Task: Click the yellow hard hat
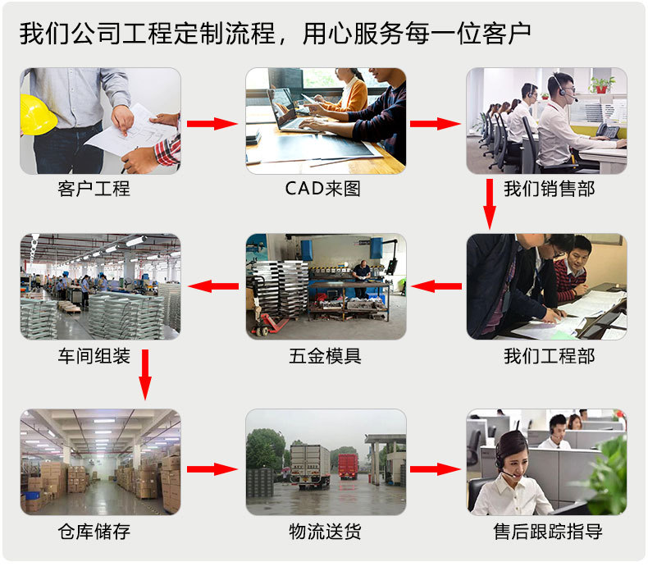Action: click(x=38, y=114)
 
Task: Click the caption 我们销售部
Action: click(x=549, y=189)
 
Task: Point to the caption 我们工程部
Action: click(x=549, y=356)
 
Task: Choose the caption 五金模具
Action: click(x=325, y=356)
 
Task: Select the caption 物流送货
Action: click(x=325, y=532)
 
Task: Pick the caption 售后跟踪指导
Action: click(x=548, y=532)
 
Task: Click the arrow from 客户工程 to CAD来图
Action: click(x=212, y=124)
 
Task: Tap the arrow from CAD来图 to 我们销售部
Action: click(x=435, y=124)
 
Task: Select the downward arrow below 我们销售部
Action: click(x=490, y=203)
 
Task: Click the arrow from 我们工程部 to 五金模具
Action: click(x=436, y=286)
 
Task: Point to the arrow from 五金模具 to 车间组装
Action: click(x=213, y=286)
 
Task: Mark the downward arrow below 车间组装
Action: click(x=145, y=375)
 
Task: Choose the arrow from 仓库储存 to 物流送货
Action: click(x=212, y=469)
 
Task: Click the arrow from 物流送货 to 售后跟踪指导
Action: click(x=435, y=469)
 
